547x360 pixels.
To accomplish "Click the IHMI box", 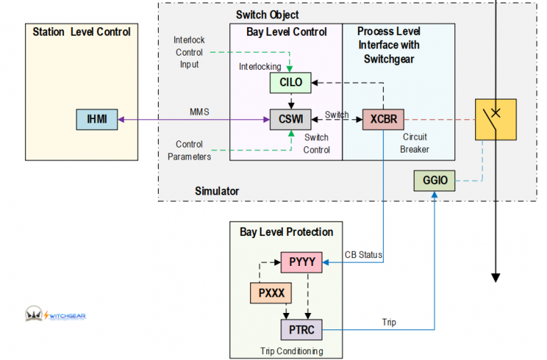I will click(x=97, y=119).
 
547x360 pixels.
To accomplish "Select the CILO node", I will click(x=291, y=82).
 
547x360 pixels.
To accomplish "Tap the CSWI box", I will click(x=291, y=119).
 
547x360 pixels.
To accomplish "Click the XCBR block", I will click(x=383, y=119).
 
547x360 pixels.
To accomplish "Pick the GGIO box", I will click(x=434, y=180).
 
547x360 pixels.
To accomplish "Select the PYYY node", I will click(x=301, y=262).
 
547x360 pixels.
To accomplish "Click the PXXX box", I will click(x=271, y=293).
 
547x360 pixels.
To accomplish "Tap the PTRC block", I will click(x=301, y=329).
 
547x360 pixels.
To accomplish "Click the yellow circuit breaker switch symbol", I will click(x=496, y=119).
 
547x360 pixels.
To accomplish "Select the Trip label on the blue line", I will click(x=389, y=322).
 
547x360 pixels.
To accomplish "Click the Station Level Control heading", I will click(x=82, y=32).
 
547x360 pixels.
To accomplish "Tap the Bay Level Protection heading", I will click(x=286, y=232).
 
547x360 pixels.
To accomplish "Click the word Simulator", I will click(x=217, y=191).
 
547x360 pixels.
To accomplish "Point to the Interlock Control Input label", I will click(x=189, y=51).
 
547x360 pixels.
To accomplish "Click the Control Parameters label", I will click(x=189, y=150).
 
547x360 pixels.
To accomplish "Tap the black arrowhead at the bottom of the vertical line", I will click(x=496, y=277).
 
